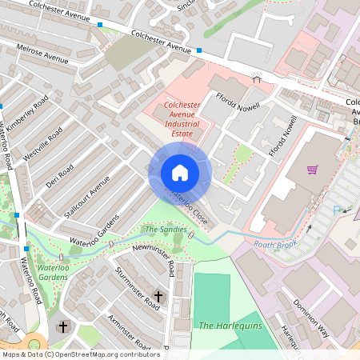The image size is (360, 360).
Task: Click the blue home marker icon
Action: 179,173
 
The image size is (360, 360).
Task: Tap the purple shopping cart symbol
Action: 312,170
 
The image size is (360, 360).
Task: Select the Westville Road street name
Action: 43,144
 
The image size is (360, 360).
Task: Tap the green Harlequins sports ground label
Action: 226,326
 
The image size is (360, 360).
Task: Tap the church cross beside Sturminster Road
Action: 158,297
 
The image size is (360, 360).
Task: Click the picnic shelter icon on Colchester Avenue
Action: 257,78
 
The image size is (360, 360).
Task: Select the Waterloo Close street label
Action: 186,206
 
